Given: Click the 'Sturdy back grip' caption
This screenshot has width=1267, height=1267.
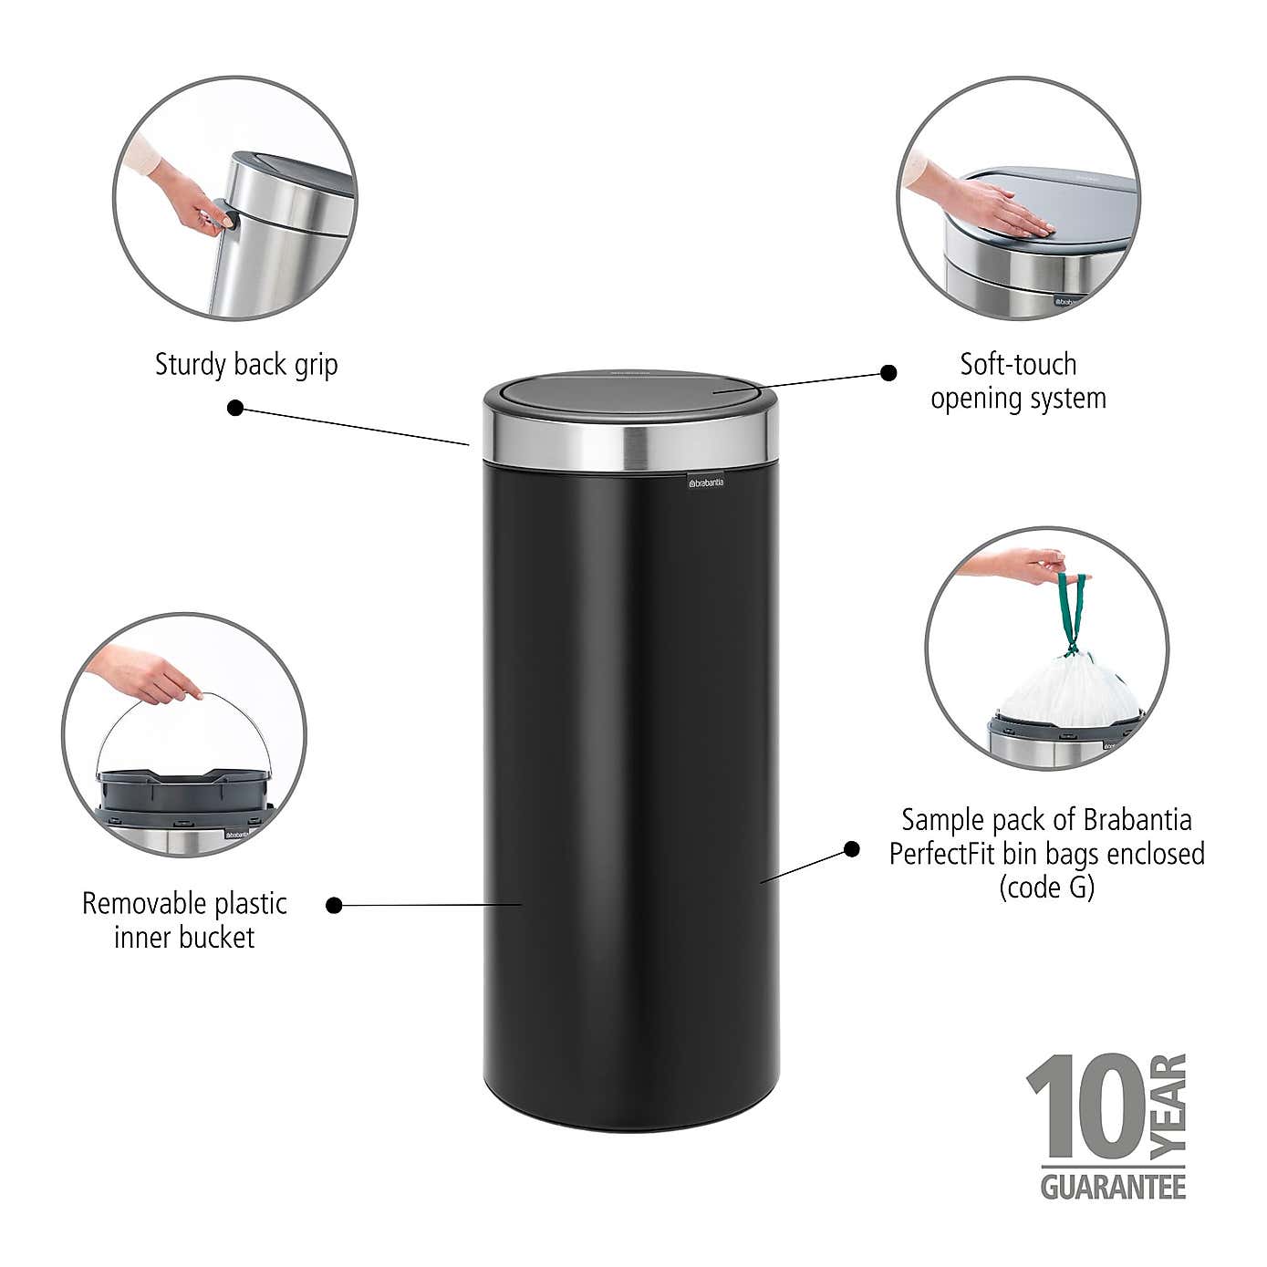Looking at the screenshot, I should pos(246,365).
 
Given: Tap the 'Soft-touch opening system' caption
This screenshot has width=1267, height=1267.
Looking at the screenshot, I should pos(1018,381).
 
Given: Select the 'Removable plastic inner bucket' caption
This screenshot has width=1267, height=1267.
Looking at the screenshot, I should pos(184,920).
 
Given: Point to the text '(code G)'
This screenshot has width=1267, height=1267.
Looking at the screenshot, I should pos(1046,887).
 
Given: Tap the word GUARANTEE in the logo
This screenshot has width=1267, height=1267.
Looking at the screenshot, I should pos(1113,1188).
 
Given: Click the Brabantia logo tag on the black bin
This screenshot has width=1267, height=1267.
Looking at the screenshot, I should pos(706,481).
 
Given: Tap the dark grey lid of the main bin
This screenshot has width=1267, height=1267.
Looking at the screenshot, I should pos(628,393).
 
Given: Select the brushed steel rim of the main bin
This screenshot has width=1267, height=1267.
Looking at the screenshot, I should pos(628,445).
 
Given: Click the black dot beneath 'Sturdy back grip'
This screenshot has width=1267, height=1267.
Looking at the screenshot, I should pos(235,408).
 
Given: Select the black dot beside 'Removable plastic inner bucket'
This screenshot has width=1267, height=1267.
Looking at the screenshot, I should pos(335,905).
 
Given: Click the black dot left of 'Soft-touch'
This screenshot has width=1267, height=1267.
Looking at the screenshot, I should pos(888,372).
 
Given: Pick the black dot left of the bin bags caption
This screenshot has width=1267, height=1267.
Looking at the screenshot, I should pos(851,849).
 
